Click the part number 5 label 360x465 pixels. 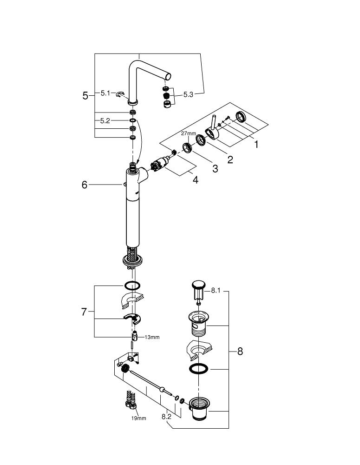[x=85, y=96]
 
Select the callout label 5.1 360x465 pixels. [x=105, y=93]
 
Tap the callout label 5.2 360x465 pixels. [x=105, y=120]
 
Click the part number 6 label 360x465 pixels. [x=84, y=185]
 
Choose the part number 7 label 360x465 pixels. [x=84, y=312]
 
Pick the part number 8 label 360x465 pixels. [x=240, y=351]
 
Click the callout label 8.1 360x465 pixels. [x=216, y=291]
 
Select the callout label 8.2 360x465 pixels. [x=167, y=417]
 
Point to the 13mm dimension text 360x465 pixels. [x=152, y=337]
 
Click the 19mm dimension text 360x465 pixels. [x=138, y=418]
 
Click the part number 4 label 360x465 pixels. [x=196, y=180]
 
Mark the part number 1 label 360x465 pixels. [x=255, y=144]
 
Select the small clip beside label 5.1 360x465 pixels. [x=121, y=94]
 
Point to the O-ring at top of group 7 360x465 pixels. [x=132, y=285]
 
